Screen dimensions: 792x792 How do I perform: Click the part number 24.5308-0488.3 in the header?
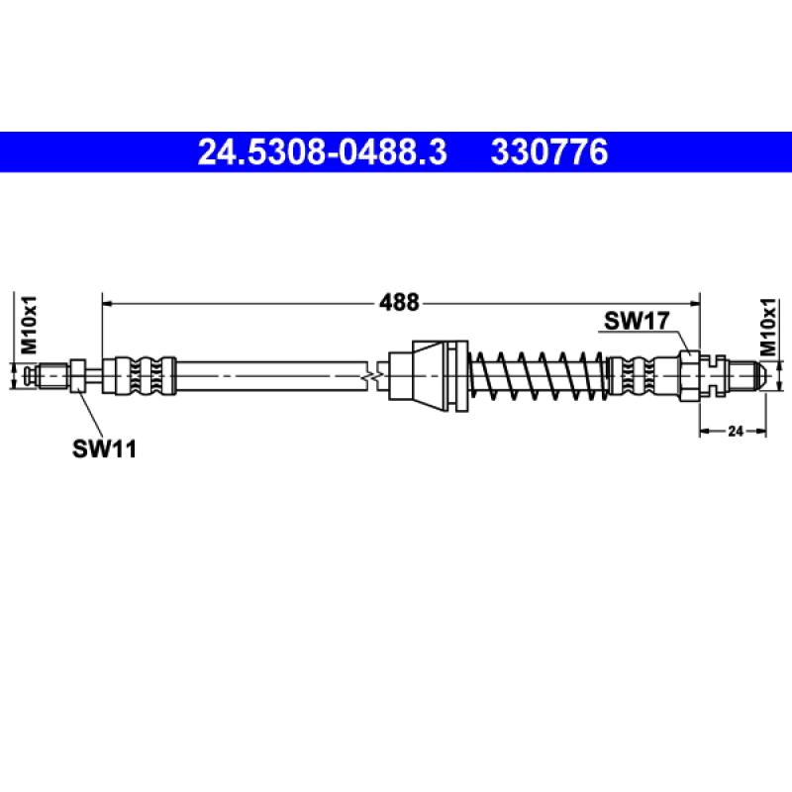pyautogui.click(x=323, y=153)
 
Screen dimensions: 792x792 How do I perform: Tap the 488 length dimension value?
pyautogui.click(x=400, y=303)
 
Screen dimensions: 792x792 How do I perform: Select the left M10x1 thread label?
pyautogui.click(x=29, y=326)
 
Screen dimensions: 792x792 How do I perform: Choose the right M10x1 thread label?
pyautogui.click(x=768, y=326)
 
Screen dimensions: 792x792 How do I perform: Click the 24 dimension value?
pyautogui.click(x=735, y=431)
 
